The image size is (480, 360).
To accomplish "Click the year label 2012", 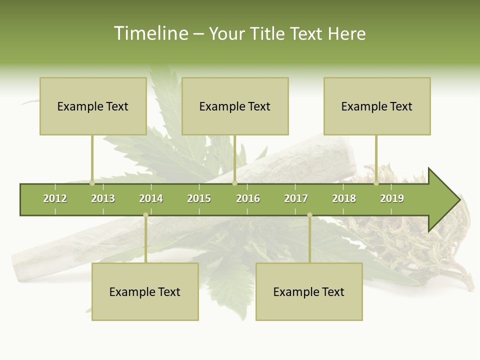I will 55,198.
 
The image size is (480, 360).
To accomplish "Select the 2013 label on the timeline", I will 103,198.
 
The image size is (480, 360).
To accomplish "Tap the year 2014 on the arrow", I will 151,198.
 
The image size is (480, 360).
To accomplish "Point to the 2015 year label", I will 199,198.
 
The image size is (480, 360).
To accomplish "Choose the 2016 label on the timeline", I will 248,198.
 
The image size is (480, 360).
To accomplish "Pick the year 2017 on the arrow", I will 296,198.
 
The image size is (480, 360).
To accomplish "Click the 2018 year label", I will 344,198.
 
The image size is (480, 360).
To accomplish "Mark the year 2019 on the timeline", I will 392,198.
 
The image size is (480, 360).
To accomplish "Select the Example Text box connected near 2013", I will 93,106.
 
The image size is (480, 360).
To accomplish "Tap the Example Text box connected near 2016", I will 235,106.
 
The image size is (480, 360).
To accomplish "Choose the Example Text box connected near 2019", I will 377,106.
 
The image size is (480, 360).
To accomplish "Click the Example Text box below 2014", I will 145,291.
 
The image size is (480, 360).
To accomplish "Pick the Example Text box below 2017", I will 309,291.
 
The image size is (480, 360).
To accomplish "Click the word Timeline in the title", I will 150,33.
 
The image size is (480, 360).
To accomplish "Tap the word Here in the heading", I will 346,33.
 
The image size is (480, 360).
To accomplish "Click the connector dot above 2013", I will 92,183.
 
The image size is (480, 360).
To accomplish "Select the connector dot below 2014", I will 145,214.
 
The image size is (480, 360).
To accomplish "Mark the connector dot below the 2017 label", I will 309,214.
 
